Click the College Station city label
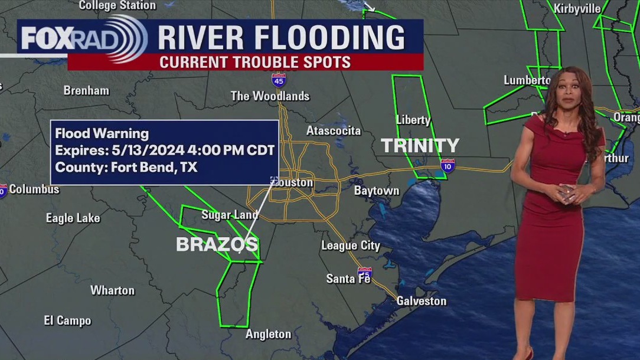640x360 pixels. pyautogui.click(x=117, y=5)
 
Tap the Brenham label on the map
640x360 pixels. pyautogui.click(x=86, y=91)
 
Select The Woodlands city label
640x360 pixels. pyautogui.click(x=270, y=96)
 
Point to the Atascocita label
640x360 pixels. pyautogui.click(x=334, y=130)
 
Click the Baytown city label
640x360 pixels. pyautogui.click(x=377, y=191)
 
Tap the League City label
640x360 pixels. pyautogui.click(x=351, y=246)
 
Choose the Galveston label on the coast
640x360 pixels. pyautogui.click(x=421, y=301)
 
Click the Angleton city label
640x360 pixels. pyautogui.click(x=269, y=334)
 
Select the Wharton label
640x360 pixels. pyautogui.click(x=112, y=290)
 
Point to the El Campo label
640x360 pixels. pyautogui.click(x=67, y=320)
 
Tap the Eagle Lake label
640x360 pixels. pyautogui.click(x=73, y=218)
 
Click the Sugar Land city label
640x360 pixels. pyautogui.click(x=230, y=215)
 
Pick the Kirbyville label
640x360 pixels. pyautogui.click(x=577, y=8)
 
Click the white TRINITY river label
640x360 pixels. pyautogui.click(x=420, y=146)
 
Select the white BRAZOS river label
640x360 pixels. pyautogui.click(x=217, y=244)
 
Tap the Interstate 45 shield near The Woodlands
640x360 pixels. pyautogui.click(x=279, y=80)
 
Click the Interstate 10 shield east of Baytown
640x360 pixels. pyautogui.click(x=448, y=166)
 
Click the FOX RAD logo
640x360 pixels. pyautogui.click(x=83, y=38)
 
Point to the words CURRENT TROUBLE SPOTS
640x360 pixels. pyautogui.click(x=255, y=62)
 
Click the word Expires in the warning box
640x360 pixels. pyautogui.click(x=76, y=150)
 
